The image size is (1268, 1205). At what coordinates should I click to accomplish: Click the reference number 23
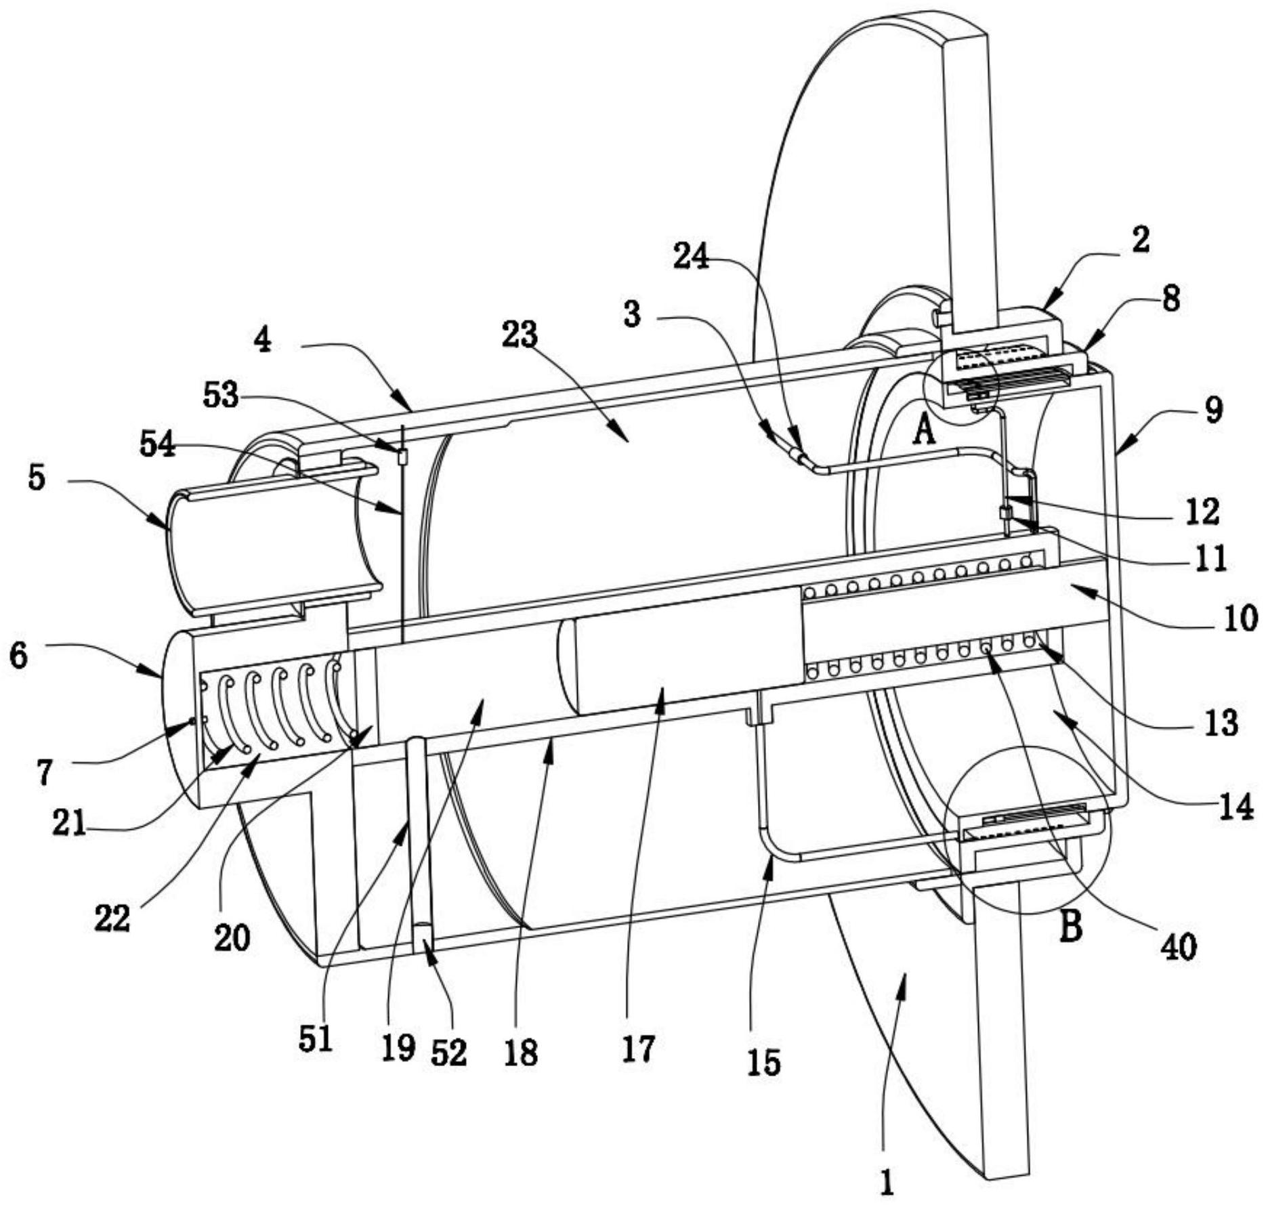tap(520, 335)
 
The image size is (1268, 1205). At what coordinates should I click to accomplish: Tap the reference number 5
tap(37, 478)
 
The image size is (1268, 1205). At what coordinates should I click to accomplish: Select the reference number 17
tap(638, 1049)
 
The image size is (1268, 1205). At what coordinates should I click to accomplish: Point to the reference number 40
tap(1179, 947)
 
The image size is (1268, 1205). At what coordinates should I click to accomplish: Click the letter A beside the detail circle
tap(924, 431)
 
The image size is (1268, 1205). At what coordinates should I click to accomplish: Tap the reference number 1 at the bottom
tap(887, 1183)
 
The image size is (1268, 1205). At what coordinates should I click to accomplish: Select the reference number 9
tap(1213, 410)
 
